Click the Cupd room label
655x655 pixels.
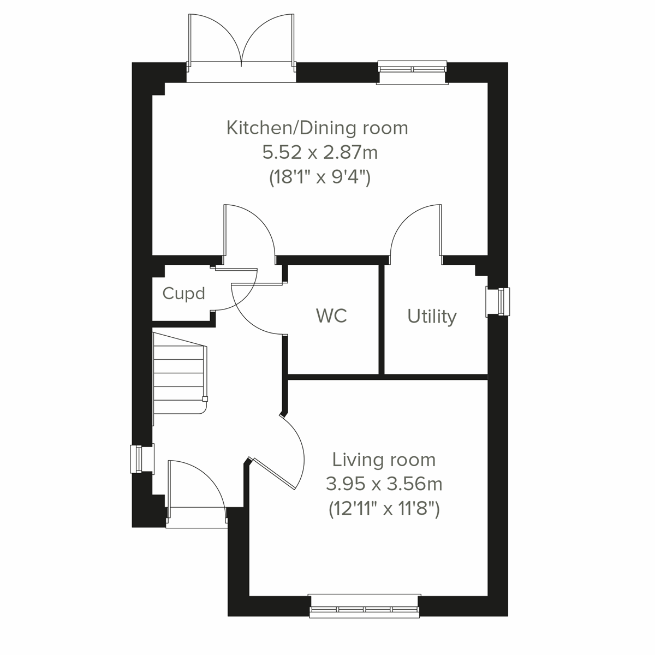coord(184,294)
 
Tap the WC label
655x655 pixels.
coord(331,315)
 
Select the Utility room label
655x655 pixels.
coord(432,317)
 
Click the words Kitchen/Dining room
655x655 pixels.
coord(317,128)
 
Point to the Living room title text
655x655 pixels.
coord(384,460)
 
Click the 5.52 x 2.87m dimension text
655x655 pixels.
coord(320,153)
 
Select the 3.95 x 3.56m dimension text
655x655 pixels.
coord(384,484)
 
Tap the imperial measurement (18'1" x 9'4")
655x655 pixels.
coord(320,178)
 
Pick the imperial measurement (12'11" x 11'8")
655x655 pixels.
coord(384,509)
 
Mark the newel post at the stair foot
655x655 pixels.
coord(205,398)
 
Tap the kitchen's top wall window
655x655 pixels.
coord(413,69)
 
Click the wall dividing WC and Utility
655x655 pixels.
coord(382,319)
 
